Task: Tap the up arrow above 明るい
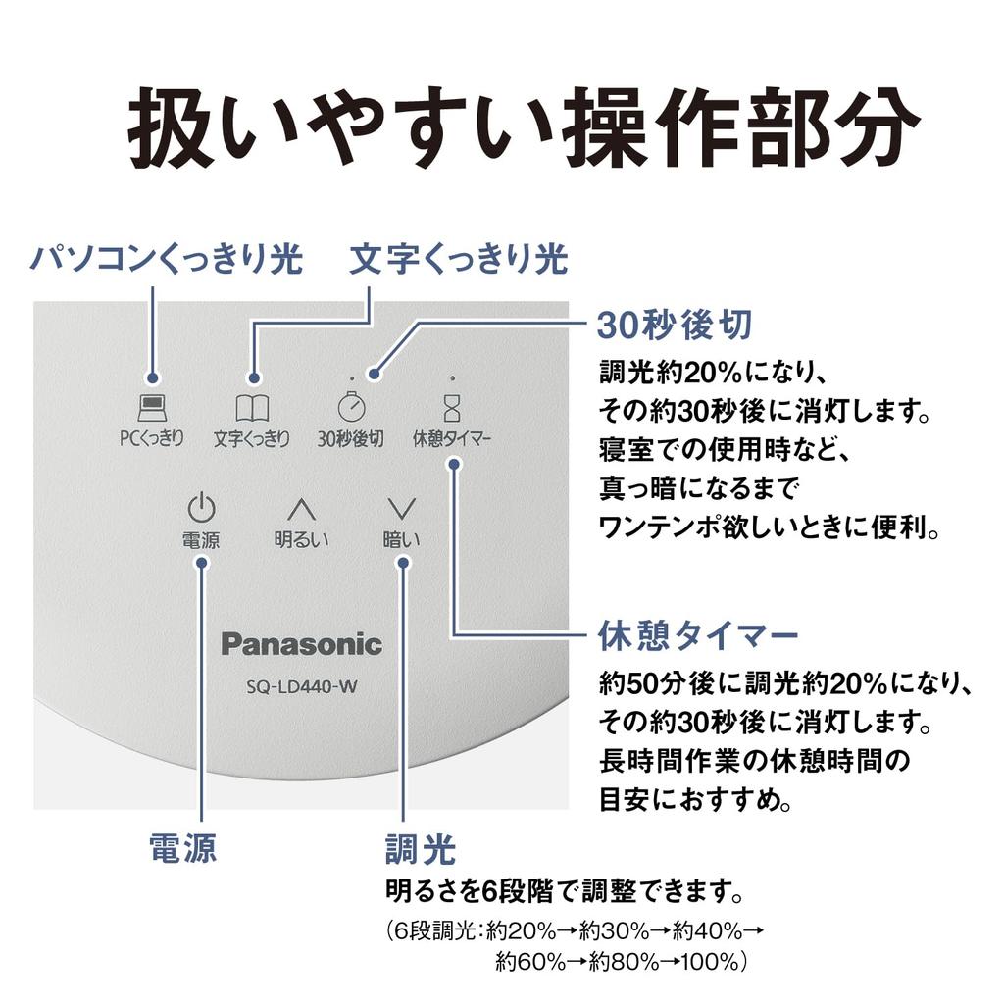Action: (301, 508)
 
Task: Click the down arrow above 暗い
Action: (401, 508)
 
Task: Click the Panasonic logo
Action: (301, 644)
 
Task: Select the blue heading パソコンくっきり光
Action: (166, 260)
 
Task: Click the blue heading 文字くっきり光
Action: (459, 260)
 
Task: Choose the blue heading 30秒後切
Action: (675, 326)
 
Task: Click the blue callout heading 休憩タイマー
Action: (698, 635)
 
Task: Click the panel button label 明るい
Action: (301, 539)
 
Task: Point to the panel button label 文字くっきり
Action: (252, 438)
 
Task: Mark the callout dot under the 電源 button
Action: (201, 562)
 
